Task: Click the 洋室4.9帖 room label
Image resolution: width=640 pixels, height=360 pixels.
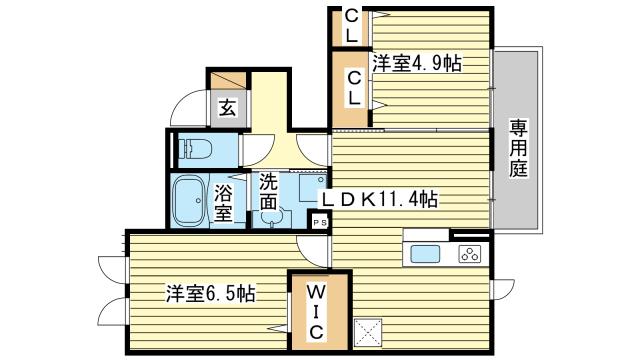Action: [x=417, y=64]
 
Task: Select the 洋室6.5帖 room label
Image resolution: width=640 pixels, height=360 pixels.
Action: [x=211, y=293]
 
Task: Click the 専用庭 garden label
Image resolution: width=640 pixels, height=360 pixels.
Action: [x=518, y=148]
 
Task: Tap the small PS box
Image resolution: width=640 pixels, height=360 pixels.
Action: [x=320, y=222]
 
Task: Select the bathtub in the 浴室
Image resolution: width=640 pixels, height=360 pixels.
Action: [x=189, y=201]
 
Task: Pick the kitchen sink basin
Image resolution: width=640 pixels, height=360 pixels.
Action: [x=425, y=254]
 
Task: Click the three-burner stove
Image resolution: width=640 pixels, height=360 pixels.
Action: [x=470, y=254]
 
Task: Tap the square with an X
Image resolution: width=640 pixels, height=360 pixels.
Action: [x=368, y=333]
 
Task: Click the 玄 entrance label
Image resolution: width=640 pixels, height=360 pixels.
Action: [x=227, y=108]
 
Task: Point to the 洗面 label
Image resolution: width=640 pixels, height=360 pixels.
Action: [x=268, y=191]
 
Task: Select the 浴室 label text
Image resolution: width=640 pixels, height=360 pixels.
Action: [x=223, y=203]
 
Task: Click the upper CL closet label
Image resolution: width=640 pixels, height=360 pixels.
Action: [x=351, y=27]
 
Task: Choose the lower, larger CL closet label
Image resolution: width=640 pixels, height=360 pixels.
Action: [x=354, y=88]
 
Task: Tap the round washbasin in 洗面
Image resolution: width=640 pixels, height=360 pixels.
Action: [x=269, y=218]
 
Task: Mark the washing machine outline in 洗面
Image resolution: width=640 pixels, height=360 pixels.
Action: [x=312, y=187]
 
